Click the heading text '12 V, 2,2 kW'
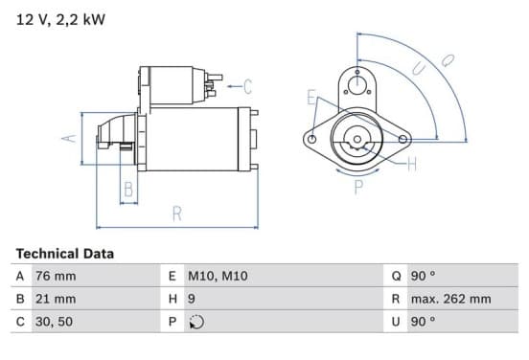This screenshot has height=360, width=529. [x=60, y=20]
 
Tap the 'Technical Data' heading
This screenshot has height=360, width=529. [x=65, y=254]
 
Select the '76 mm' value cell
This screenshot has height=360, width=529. [x=56, y=276]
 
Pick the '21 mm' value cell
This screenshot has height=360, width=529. [x=56, y=299]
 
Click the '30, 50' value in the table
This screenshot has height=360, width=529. [x=54, y=322]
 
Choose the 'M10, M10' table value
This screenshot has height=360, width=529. [x=218, y=276]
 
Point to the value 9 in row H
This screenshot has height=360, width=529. [x=192, y=299]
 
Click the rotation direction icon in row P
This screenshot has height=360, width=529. [x=196, y=322]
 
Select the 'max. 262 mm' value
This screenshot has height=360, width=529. [x=450, y=299]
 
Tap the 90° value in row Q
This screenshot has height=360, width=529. [x=423, y=276]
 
